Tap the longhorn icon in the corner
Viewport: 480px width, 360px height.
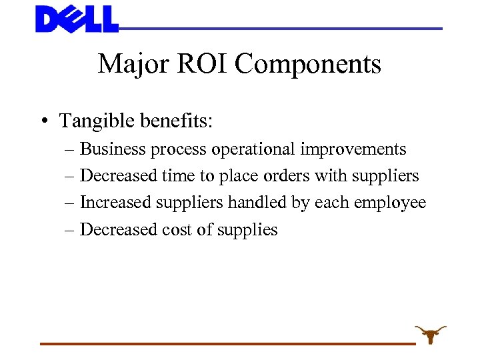(x=430, y=333)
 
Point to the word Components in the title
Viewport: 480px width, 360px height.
(x=307, y=65)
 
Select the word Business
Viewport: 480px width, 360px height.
(x=113, y=149)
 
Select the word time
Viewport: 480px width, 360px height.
(x=177, y=176)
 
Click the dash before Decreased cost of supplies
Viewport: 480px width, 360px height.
(x=71, y=230)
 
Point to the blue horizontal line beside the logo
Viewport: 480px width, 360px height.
(x=280, y=29)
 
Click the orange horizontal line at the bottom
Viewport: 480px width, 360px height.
(x=227, y=343)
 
